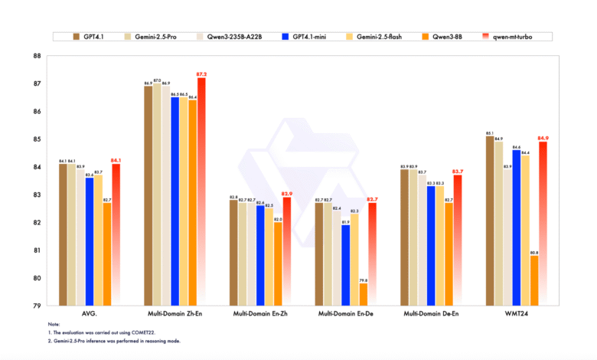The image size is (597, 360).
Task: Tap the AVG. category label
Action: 90,316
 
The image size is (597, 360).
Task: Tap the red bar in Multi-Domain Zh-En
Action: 201,191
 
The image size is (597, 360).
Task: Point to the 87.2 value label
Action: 202,74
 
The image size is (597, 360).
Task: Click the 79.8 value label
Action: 363,280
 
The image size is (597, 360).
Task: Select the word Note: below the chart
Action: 53,325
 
